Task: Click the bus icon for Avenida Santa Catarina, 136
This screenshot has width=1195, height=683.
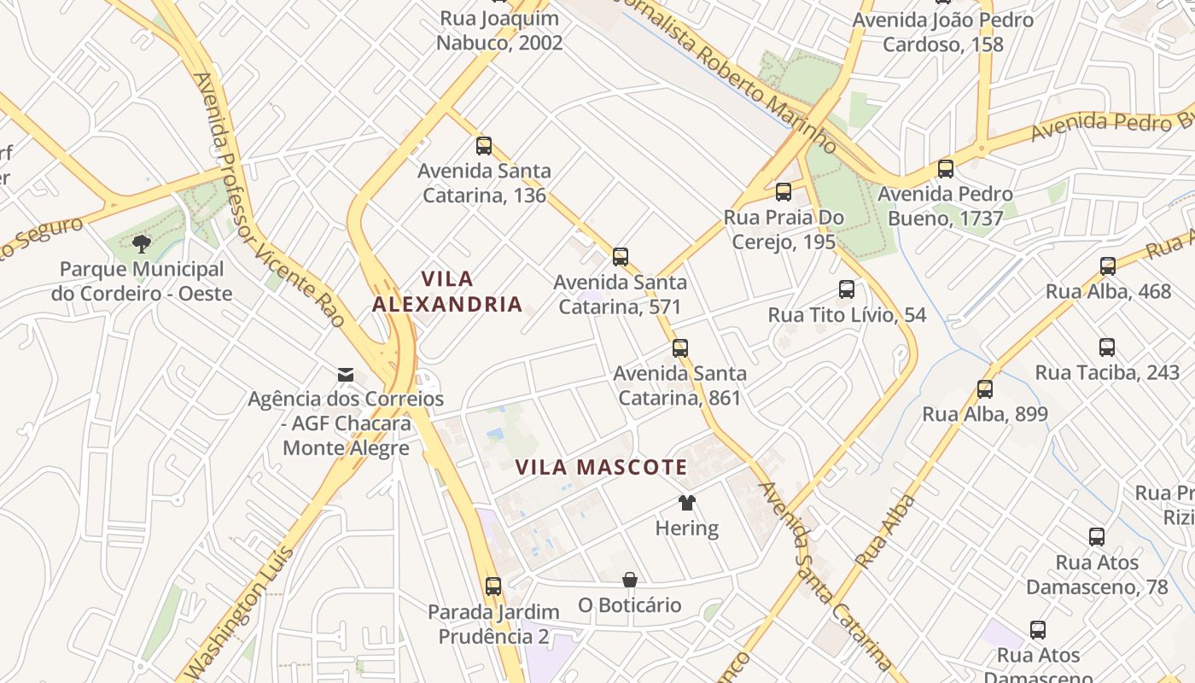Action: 484,146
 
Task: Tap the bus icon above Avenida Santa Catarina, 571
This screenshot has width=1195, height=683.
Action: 621,256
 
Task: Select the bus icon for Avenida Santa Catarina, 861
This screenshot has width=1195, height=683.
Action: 679,348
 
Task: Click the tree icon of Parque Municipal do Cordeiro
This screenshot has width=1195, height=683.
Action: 142,245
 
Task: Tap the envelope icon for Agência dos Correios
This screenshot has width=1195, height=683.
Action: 346,374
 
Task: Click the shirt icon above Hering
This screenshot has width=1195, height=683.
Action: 686,503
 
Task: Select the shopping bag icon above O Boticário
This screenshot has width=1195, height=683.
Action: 630,581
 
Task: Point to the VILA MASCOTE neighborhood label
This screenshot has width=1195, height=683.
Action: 601,467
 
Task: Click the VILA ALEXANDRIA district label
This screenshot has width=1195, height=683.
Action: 447,291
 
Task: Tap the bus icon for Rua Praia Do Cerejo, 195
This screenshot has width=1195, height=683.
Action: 784,192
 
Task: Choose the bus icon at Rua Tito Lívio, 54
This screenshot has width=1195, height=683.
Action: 846,289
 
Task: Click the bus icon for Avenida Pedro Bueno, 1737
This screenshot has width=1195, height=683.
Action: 945,169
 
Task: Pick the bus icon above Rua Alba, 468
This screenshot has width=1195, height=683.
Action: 1108,266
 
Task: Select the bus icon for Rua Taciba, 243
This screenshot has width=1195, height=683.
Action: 1107,347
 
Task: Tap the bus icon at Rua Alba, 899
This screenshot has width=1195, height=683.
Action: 985,389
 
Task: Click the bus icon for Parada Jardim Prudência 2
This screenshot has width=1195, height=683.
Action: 493,587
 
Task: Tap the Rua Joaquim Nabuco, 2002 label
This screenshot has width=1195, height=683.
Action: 499,31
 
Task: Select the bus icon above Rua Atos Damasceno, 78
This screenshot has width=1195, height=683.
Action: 1097,537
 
